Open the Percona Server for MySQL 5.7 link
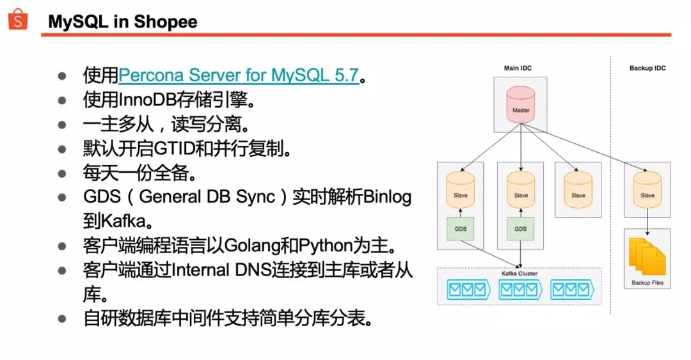pos(239,75)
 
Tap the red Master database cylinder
pos(521,106)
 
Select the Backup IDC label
pos(647,68)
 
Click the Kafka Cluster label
pos(520,274)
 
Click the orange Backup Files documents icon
pos(646,257)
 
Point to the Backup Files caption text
pos(647,283)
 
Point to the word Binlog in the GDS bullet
pos(388,197)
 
